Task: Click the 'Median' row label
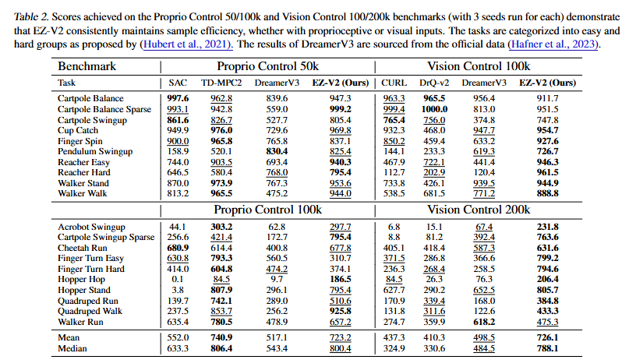(x=73, y=348)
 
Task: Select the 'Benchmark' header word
(x=87, y=66)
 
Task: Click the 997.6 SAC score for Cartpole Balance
(x=178, y=98)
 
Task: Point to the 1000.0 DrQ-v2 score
(x=435, y=109)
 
